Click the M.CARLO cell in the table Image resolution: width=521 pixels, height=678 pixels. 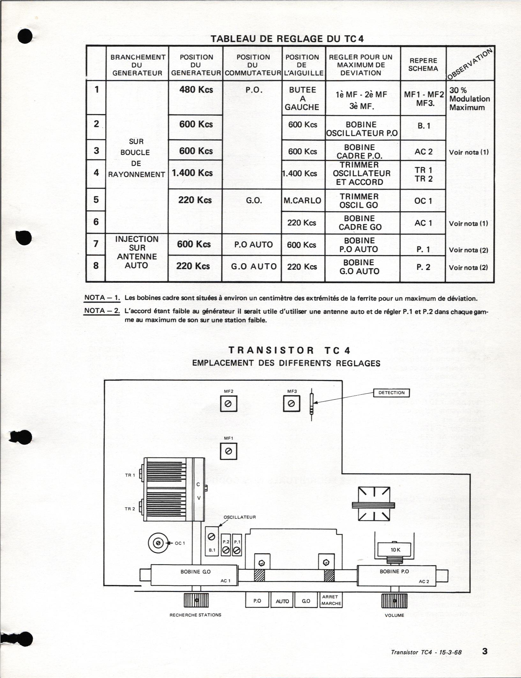click(303, 200)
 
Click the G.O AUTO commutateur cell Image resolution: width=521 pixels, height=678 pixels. click(254, 266)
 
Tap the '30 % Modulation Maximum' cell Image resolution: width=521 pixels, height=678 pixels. click(469, 99)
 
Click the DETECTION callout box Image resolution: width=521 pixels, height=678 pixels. click(391, 393)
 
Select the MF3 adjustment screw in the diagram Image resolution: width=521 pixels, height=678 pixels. click(291, 404)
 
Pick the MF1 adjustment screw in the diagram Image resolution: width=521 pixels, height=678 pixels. click(228, 451)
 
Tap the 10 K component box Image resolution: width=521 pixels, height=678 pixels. click(395, 550)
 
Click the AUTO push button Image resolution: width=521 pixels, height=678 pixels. click(282, 601)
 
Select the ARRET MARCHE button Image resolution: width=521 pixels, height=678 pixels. click(331, 600)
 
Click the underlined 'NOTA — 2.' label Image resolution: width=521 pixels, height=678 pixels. click(102, 311)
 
